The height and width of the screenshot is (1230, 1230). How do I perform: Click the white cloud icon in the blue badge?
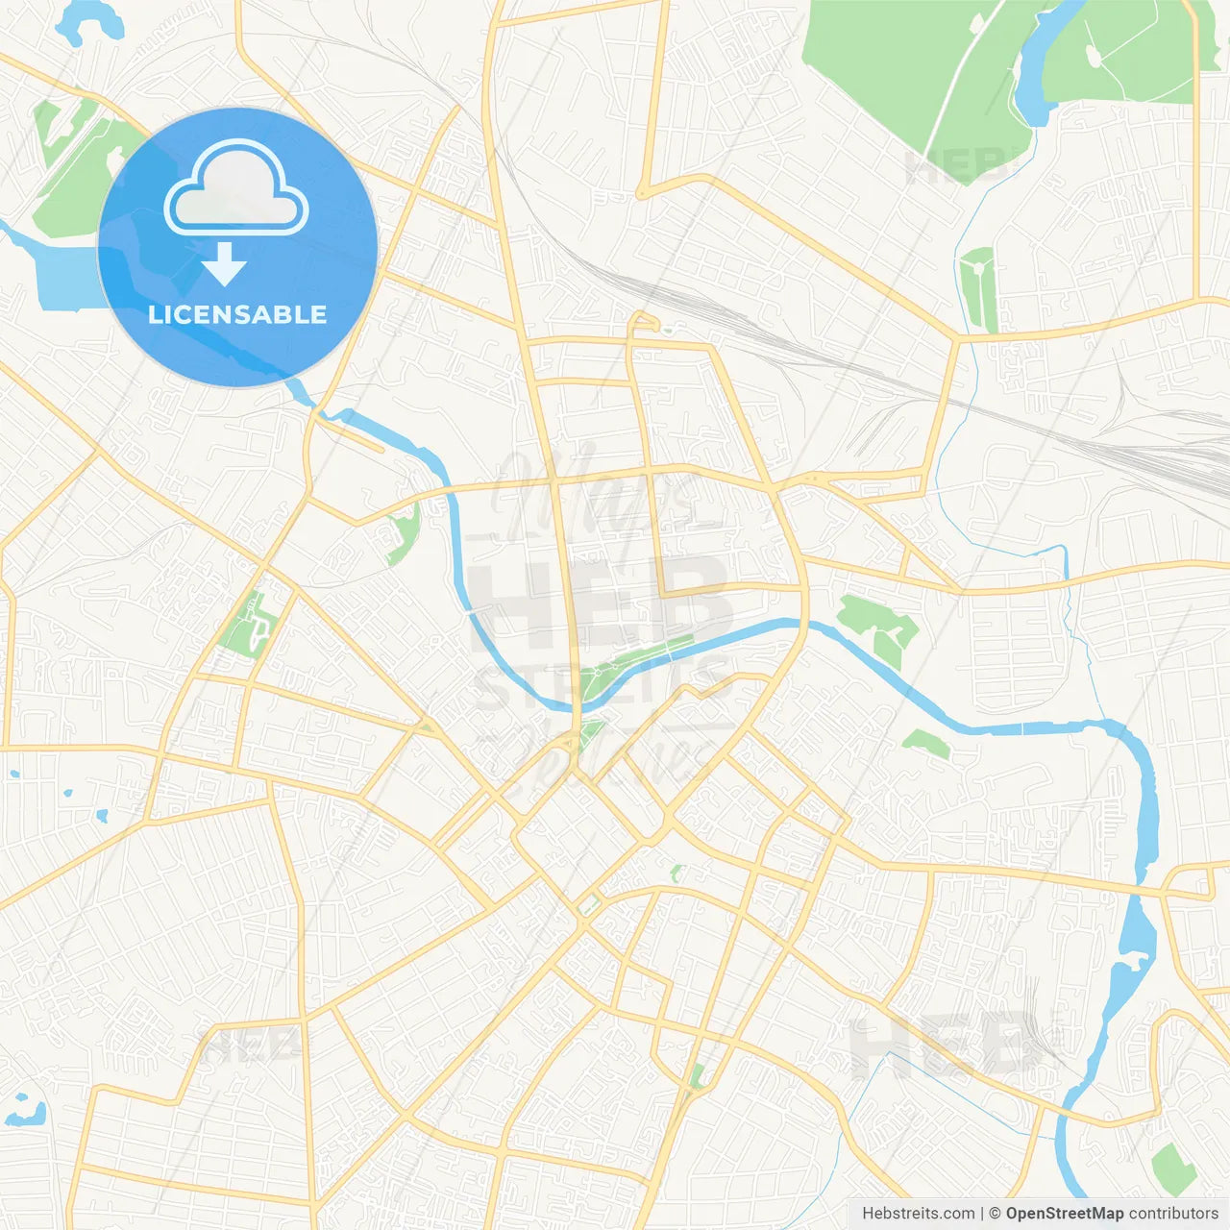pos(236,190)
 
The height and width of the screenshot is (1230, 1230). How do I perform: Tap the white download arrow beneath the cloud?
pos(224,264)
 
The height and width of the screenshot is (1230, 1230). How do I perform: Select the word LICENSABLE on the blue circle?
pos(237,314)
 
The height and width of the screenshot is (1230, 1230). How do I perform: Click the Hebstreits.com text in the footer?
pos(918,1214)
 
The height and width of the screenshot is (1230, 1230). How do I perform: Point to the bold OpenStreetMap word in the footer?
pos(1064,1214)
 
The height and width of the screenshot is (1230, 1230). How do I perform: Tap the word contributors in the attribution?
pos(1173,1214)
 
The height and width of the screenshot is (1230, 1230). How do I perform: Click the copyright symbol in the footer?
pos(995,1214)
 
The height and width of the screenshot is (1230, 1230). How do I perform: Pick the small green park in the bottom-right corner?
pos(1172,1168)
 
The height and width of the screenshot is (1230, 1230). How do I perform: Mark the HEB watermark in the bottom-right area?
pos(942,1047)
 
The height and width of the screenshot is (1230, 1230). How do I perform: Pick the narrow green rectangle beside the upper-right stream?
pos(979,288)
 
